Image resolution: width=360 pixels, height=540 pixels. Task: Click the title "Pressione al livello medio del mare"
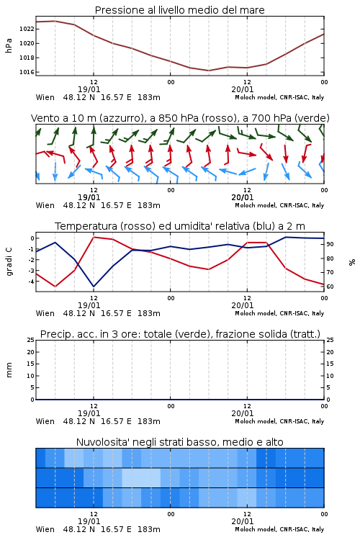pyautogui.click(x=179, y=10)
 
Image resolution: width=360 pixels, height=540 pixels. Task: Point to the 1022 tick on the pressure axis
pyautogui.click(x=27, y=29)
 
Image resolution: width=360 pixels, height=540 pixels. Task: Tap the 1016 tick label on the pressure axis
pyautogui.click(x=27, y=72)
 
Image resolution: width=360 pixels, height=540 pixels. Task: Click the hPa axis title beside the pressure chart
pyautogui.click(x=9, y=45)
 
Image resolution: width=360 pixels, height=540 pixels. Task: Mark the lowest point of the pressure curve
pyautogui.click(x=208, y=71)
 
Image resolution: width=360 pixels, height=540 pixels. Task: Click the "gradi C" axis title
pyautogui.click(x=9, y=261)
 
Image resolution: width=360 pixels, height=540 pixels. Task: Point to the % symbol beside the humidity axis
pyautogui.click(x=352, y=262)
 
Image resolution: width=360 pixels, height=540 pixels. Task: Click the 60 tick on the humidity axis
pyautogui.click(x=330, y=287)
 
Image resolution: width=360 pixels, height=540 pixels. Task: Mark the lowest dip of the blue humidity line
pyautogui.click(x=94, y=287)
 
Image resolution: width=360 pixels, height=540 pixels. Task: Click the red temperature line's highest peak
pyautogui.click(x=94, y=237)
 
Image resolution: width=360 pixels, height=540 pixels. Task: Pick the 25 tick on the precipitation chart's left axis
pyautogui.click(x=31, y=340)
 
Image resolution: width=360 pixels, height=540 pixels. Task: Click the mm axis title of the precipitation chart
pyautogui.click(x=9, y=370)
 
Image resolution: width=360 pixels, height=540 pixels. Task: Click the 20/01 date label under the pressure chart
pyautogui.click(x=243, y=89)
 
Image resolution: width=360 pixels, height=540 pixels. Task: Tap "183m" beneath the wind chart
pyautogui.click(x=149, y=206)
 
